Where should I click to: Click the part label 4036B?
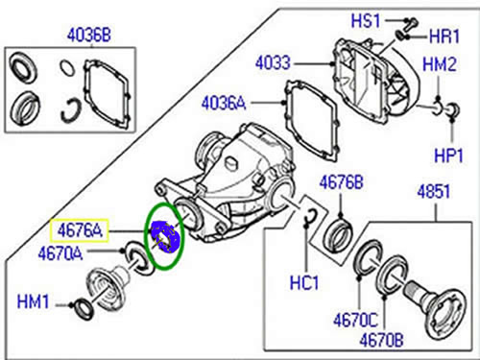[89, 35]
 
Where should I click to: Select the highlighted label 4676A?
[80, 230]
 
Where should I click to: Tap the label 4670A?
[60, 254]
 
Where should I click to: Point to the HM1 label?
[34, 302]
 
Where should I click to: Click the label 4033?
[273, 63]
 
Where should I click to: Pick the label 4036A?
[224, 104]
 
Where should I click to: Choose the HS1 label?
[366, 21]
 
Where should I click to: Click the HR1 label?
[444, 36]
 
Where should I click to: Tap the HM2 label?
[440, 64]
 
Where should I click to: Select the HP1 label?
[448, 156]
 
